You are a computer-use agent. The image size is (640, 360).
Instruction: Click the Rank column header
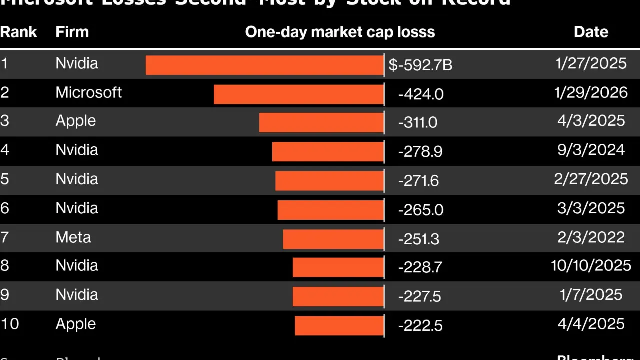click(x=18, y=32)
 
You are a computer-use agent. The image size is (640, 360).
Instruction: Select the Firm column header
click(x=72, y=32)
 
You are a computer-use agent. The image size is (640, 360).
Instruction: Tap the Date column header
click(x=591, y=32)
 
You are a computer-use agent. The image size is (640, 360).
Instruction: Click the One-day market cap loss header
click(x=340, y=32)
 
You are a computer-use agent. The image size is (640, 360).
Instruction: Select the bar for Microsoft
click(x=298, y=94)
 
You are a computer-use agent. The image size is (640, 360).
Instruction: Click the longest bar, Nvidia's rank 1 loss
click(x=264, y=65)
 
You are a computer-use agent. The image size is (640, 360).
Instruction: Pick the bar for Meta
click(x=333, y=239)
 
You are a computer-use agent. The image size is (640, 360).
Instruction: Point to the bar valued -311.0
click(x=321, y=122)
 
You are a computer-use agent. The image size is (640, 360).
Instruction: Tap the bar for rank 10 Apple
click(x=339, y=326)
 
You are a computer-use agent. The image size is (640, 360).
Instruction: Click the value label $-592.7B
click(x=420, y=65)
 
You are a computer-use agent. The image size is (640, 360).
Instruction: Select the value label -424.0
click(x=421, y=94)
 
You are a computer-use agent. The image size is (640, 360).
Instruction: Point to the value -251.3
click(x=419, y=239)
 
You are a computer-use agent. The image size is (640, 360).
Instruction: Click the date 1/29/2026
click(x=591, y=92)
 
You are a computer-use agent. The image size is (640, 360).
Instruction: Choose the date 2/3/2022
click(x=591, y=237)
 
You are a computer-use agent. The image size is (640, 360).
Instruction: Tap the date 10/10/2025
click(x=591, y=265)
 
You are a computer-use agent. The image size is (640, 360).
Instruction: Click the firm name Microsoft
click(x=88, y=92)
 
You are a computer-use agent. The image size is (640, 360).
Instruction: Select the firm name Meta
click(x=73, y=237)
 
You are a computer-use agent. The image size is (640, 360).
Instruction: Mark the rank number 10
click(x=9, y=324)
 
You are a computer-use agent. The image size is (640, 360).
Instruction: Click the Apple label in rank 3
click(x=75, y=121)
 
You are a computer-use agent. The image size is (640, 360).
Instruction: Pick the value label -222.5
click(x=420, y=326)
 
